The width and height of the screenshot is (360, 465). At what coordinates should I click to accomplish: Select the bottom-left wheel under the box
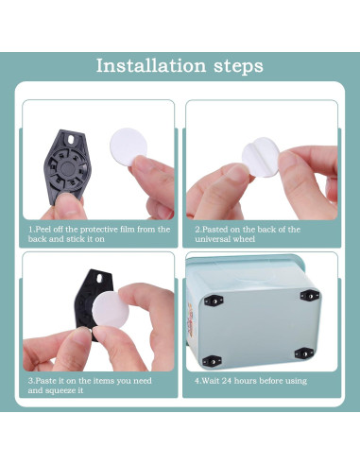[214, 360]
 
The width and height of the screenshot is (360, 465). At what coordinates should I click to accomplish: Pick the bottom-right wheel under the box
[303, 353]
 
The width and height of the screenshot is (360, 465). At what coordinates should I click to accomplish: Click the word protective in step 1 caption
[88, 229]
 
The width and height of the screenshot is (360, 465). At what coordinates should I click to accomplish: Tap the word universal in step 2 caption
[221, 240]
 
